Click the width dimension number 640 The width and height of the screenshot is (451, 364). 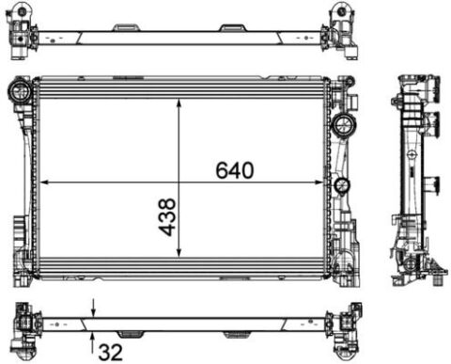(235, 170)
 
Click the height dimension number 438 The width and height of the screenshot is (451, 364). (167, 216)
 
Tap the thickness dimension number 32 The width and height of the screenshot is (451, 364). (110, 352)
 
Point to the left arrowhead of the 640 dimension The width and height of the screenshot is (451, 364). (45, 182)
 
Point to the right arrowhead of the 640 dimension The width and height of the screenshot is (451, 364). (319, 182)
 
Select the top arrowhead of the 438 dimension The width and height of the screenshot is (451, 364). (179, 104)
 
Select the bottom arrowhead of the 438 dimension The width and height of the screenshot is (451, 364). (179, 252)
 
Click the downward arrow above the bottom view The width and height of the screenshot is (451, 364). (93, 308)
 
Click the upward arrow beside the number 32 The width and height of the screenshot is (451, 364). (92, 342)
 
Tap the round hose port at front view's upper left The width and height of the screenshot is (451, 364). (20, 90)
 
